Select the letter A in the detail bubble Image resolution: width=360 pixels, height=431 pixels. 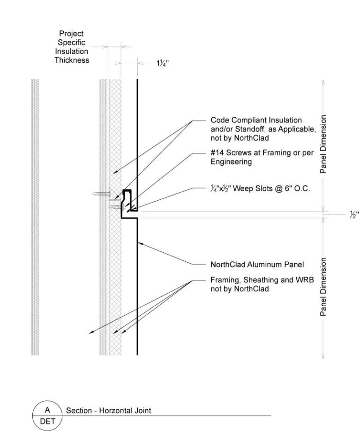pos(47,409)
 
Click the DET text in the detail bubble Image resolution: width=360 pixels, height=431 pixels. pos(47,421)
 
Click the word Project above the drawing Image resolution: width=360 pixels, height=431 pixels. pos(71,33)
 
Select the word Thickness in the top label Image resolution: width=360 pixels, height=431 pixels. pos(72,60)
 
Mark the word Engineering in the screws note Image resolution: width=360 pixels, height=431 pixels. pos(231,162)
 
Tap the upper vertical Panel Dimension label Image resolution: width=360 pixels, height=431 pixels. pos(323,144)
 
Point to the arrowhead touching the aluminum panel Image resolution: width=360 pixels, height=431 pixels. pos(140,243)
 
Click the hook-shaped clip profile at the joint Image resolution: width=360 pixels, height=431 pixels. pos(127,202)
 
